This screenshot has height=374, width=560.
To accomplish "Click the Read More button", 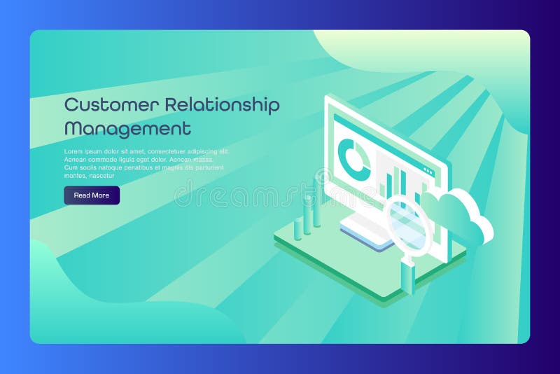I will (x=92, y=195).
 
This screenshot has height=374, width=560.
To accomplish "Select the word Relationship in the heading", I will (x=222, y=105).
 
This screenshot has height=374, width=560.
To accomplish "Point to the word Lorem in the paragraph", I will (x=73, y=151).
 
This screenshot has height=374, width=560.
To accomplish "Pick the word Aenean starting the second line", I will (x=76, y=160).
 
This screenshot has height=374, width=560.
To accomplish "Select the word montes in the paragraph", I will (x=74, y=176).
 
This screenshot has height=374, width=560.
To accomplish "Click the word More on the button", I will (x=101, y=195).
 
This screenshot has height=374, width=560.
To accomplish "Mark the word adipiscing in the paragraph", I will (x=209, y=151).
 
